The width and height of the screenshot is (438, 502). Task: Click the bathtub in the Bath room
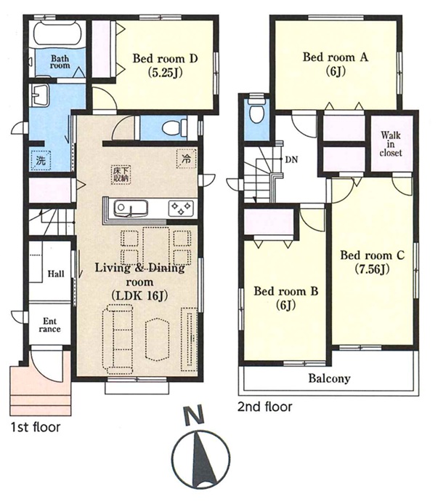pos(57,33)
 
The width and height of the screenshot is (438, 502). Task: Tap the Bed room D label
pos(165,59)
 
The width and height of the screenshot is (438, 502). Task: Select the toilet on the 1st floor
pos(174,128)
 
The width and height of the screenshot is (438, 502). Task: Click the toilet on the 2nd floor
pos(256,111)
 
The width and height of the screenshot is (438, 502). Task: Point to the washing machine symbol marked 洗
pos(41,160)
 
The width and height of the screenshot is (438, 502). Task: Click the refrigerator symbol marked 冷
pos(186,159)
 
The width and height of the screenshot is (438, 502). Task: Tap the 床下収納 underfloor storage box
pos(121,175)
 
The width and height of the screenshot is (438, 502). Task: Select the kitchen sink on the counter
pos(131,208)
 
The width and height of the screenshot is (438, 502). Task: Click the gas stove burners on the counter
pos(181,208)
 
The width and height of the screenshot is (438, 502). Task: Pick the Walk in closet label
pos(391,144)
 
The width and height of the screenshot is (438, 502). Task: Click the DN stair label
pos(291,159)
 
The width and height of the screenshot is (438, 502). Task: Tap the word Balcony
pos(329,378)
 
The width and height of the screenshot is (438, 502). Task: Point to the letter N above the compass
pos(195,415)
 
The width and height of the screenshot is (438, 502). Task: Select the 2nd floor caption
pos(264,407)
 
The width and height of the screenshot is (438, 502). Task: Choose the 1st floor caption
pos(36,427)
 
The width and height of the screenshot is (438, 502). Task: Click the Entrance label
pos(49,325)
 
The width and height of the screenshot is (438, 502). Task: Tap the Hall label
pos(56,274)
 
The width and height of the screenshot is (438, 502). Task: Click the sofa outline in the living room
pos(118,339)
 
